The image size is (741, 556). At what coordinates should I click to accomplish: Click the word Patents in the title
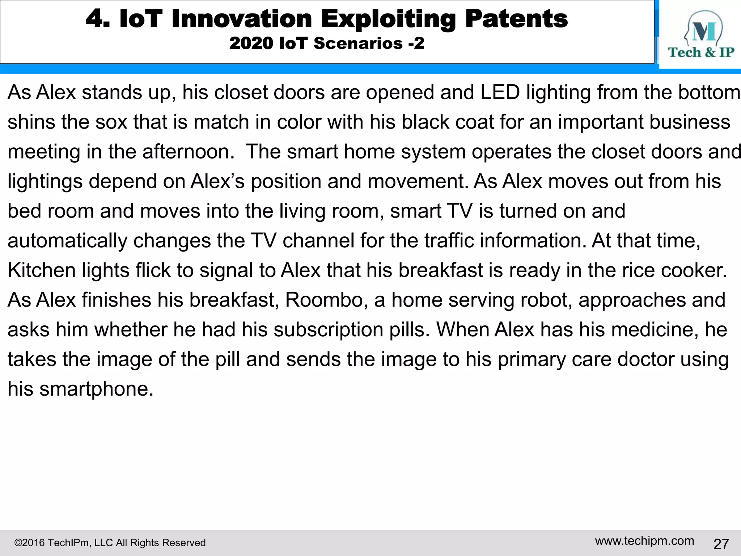pos(516,19)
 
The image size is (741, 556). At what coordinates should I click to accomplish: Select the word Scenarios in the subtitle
pos(358,43)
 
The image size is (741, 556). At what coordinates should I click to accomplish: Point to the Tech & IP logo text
pos(701,52)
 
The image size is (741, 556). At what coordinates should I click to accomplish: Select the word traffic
pos(449,241)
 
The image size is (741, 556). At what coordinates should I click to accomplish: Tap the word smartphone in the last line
pos(96,389)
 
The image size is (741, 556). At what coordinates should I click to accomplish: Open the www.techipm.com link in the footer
pos(644,541)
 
